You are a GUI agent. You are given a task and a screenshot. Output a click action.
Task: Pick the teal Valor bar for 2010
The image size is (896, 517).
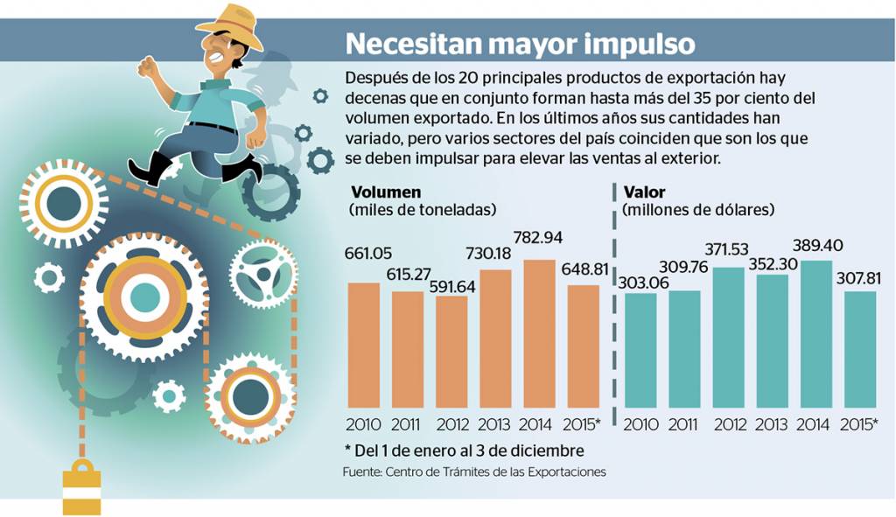pos(640,350)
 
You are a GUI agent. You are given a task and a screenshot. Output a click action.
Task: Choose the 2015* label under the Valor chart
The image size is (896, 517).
pos(858,424)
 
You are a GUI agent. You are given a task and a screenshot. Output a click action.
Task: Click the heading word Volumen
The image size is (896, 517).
pos(386,192)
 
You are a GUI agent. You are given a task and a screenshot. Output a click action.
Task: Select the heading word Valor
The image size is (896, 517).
pos(644,192)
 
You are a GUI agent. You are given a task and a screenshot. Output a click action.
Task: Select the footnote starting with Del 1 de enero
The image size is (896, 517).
pos(464,450)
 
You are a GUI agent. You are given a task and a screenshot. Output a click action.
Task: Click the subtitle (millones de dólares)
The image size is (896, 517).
pos(698,210)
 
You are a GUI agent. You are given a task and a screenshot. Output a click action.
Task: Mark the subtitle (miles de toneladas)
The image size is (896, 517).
pos(423,210)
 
